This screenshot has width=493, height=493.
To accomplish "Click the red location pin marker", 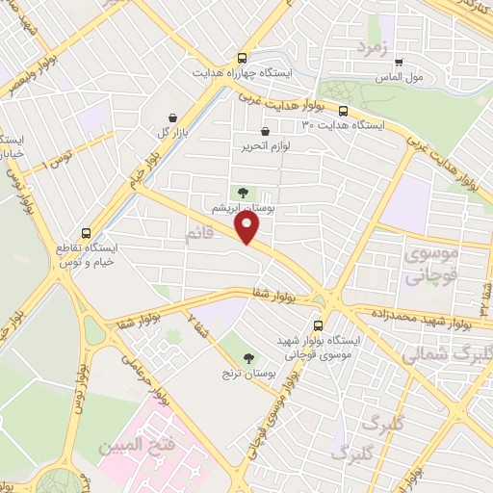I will coord(248,227).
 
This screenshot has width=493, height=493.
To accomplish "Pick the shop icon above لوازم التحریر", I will coord(266,132).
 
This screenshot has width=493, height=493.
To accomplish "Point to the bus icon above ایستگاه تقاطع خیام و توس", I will coord(88,233).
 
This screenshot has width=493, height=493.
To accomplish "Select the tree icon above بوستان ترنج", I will coord(249,356).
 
